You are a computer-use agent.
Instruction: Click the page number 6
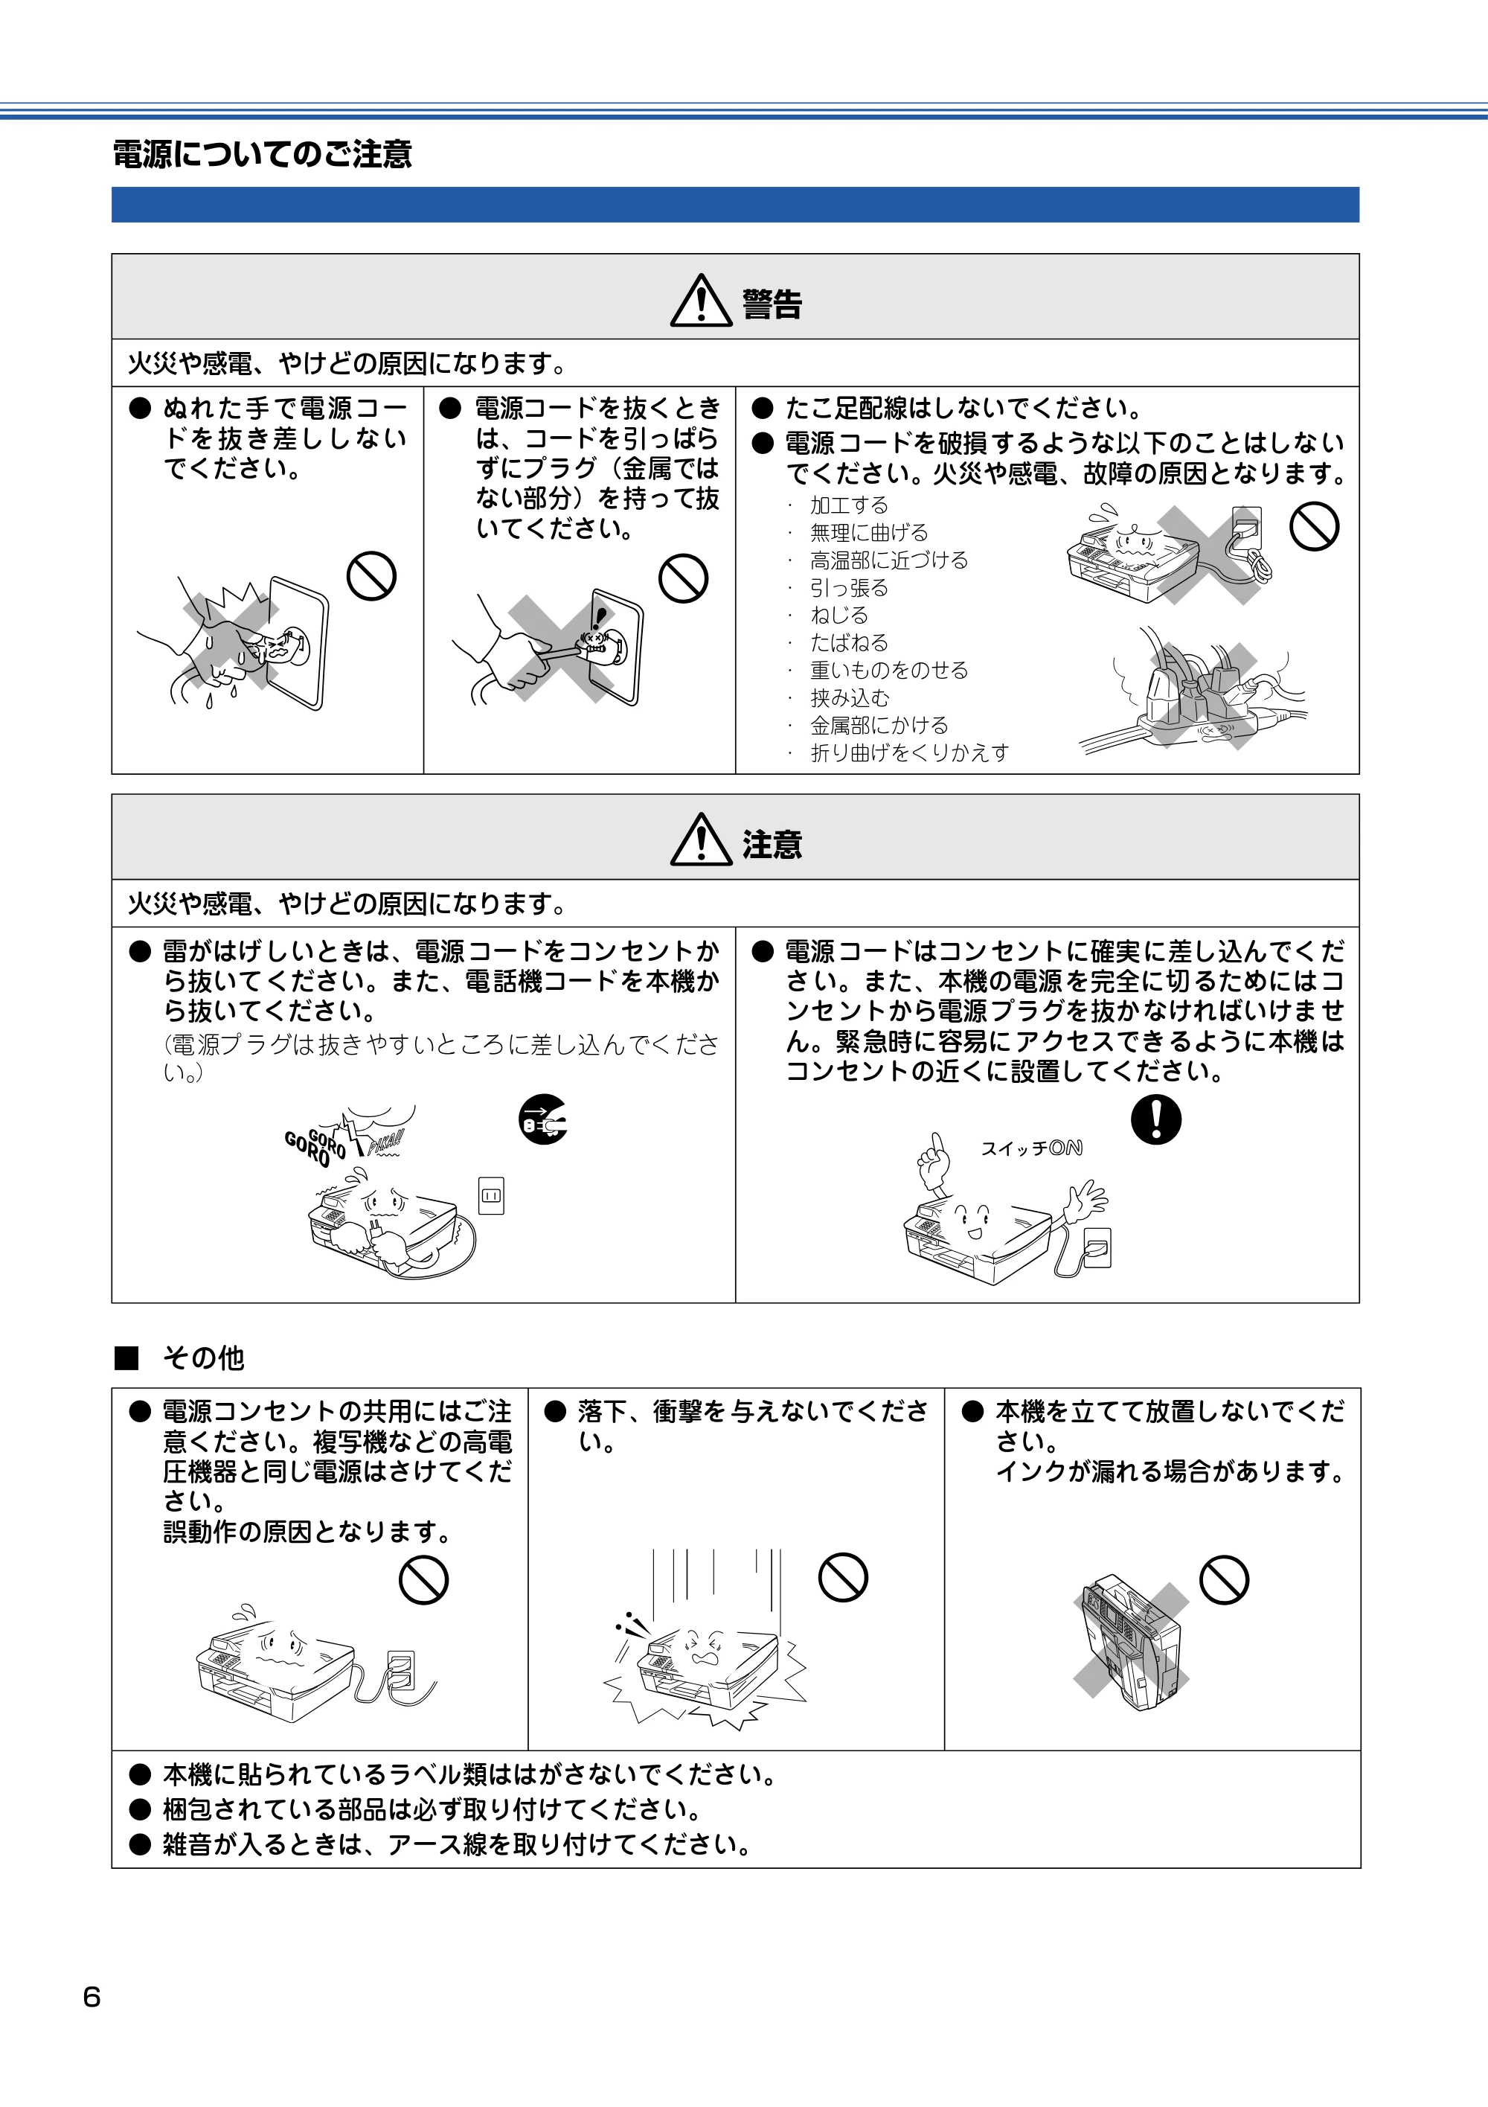click(x=92, y=1997)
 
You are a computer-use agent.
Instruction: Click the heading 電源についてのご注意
click(x=263, y=153)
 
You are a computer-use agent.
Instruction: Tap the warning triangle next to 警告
click(x=701, y=300)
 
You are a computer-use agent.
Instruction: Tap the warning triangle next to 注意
click(x=701, y=840)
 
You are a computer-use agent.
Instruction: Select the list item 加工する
click(x=849, y=505)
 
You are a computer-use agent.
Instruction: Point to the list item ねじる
click(x=838, y=615)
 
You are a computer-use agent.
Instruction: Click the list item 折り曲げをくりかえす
click(x=909, y=752)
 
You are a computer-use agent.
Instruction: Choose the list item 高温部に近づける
click(x=889, y=560)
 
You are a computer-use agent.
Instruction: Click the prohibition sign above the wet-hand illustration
click(x=371, y=576)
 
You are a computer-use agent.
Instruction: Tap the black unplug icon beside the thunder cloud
click(x=543, y=1119)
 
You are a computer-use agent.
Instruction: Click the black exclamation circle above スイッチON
click(x=1156, y=1119)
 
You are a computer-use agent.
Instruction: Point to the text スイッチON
click(x=1031, y=1148)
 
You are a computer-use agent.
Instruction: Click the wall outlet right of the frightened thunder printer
click(x=492, y=1196)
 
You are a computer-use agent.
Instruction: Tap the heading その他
click(x=203, y=1358)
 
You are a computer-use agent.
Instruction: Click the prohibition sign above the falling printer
click(x=843, y=1578)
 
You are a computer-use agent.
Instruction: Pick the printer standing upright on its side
click(x=1131, y=1643)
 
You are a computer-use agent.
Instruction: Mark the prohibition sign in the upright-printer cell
click(x=1225, y=1579)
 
